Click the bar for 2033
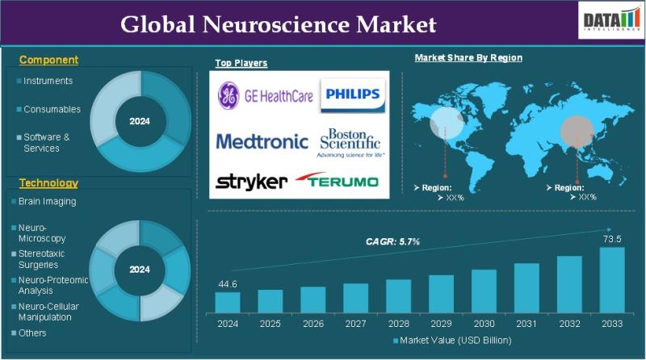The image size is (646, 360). click(x=611, y=279)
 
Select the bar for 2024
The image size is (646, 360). click(x=227, y=302)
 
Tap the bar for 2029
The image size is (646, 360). click(x=441, y=293)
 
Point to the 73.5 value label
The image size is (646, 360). click(x=612, y=239)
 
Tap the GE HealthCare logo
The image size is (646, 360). click(x=265, y=95)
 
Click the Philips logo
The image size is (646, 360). click(x=352, y=95)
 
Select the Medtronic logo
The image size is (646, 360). click(x=262, y=141)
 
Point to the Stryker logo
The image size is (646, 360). click(x=251, y=181)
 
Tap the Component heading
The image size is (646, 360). click(x=48, y=60)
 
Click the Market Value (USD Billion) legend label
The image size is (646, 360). click(x=455, y=341)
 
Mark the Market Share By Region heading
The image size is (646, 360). click(x=468, y=58)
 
